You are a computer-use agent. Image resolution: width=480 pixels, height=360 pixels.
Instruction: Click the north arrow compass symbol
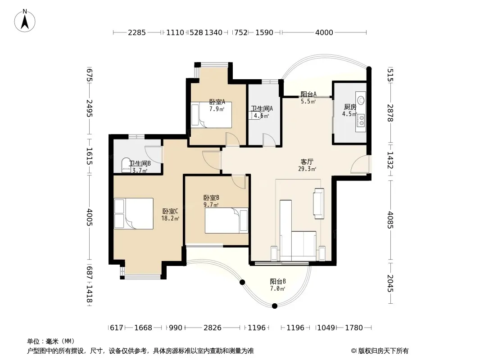tap(25, 21)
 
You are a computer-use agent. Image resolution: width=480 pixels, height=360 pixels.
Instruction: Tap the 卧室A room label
tap(217, 102)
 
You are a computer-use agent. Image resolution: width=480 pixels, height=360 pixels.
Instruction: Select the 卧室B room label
tap(211, 198)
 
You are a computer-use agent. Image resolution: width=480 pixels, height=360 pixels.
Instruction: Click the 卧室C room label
tap(170, 211)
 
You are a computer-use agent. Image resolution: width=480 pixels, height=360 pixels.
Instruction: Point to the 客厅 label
tap(307, 162)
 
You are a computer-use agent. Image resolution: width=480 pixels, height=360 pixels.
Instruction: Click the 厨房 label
tap(350, 107)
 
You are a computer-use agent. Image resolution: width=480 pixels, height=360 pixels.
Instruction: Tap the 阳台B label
tap(278, 281)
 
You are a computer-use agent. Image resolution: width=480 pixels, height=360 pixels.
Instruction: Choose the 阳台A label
tap(308, 94)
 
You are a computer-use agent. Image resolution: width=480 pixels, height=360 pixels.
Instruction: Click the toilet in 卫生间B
tap(126, 165)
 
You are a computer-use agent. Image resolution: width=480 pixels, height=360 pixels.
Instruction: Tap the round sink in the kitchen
tap(362, 100)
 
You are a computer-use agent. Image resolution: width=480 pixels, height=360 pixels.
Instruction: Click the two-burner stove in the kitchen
tap(361, 120)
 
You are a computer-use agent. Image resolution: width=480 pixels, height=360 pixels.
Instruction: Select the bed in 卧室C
tap(133, 213)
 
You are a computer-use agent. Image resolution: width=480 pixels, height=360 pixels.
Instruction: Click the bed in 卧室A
tap(211, 115)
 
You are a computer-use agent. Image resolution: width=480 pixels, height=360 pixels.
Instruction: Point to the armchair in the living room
tap(318, 203)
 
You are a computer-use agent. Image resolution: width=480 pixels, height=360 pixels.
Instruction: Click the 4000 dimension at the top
tap(324, 32)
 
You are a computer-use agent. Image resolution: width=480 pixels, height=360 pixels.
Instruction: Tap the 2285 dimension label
tap(136, 32)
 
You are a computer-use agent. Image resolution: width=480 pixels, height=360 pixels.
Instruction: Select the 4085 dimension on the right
tap(390, 220)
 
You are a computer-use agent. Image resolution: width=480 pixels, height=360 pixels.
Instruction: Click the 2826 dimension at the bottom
tap(213, 328)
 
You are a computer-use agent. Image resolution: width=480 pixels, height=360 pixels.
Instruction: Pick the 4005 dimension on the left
tap(89, 217)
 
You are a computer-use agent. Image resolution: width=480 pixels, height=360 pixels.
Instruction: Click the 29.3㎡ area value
tap(307, 169)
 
